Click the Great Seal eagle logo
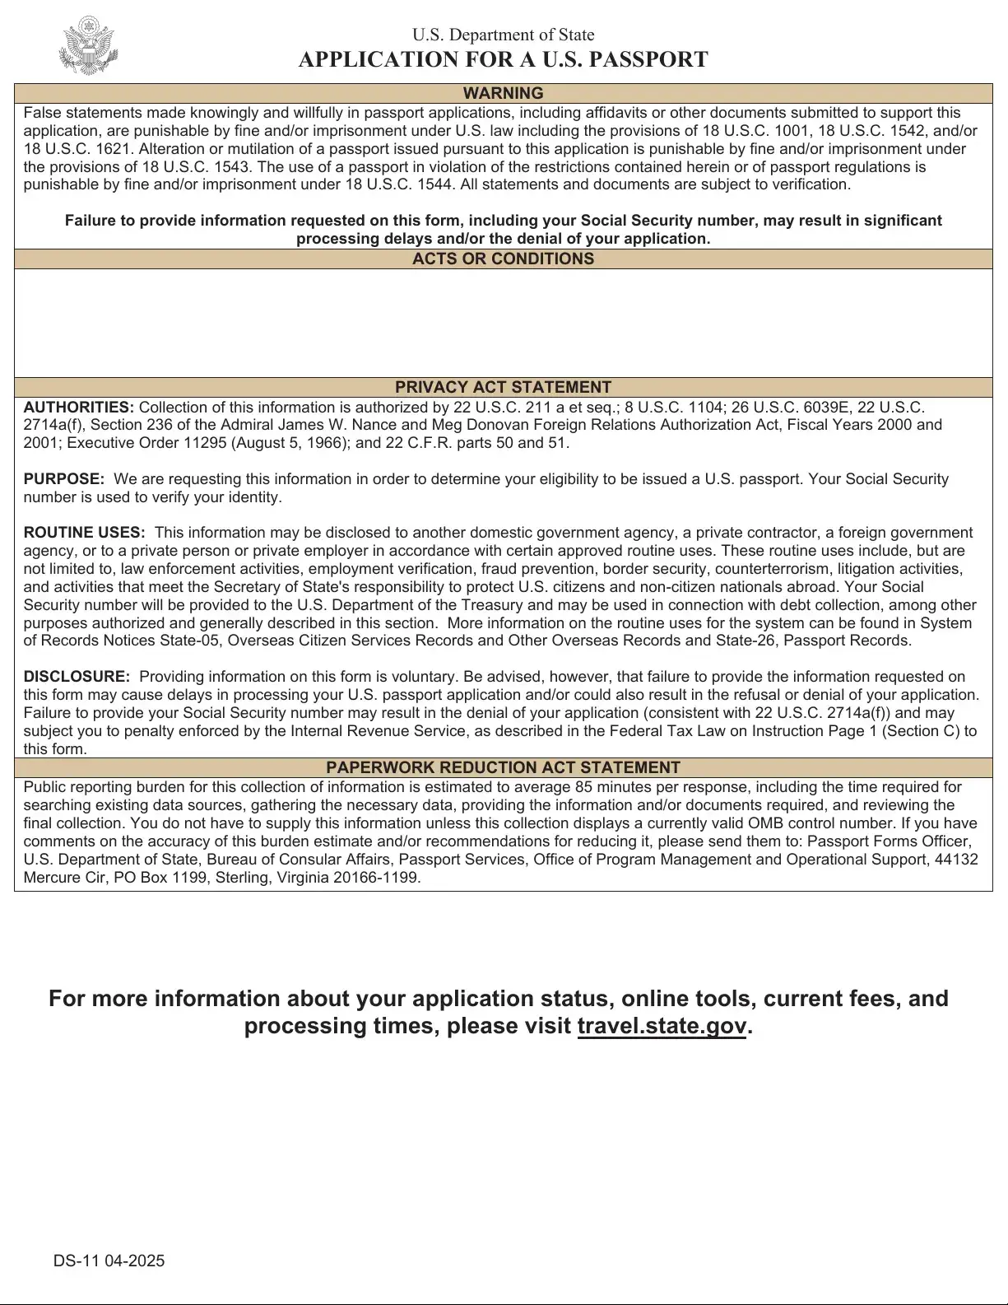tap(88, 46)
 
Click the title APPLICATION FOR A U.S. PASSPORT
tap(503, 59)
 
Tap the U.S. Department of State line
tap(503, 35)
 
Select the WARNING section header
tap(503, 93)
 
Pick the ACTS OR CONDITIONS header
tap(503, 259)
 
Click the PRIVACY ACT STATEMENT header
tap(503, 387)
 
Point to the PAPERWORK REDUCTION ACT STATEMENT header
tap(503, 767)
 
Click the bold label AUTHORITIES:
tap(78, 408)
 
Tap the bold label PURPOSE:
tap(63, 479)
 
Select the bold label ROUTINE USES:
tap(84, 533)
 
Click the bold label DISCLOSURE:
tap(77, 677)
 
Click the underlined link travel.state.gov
tap(662, 1026)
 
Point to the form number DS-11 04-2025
tap(109, 1261)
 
